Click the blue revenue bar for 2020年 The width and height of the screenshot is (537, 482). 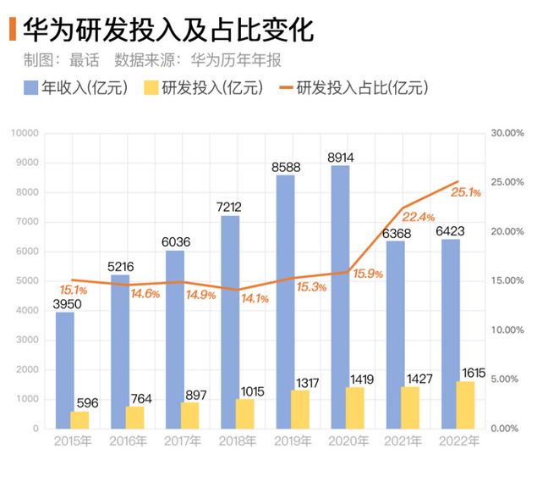(x=340, y=296)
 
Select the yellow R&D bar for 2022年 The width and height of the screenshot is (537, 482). (x=465, y=405)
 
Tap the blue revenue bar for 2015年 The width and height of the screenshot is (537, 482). (x=65, y=370)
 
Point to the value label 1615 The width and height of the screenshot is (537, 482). (x=473, y=373)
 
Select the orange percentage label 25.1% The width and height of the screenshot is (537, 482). (x=466, y=193)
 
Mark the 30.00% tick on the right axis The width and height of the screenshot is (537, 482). (x=509, y=133)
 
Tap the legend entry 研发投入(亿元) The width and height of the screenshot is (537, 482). (x=204, y=89)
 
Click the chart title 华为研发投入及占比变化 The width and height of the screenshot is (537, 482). (x=169, y=31)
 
